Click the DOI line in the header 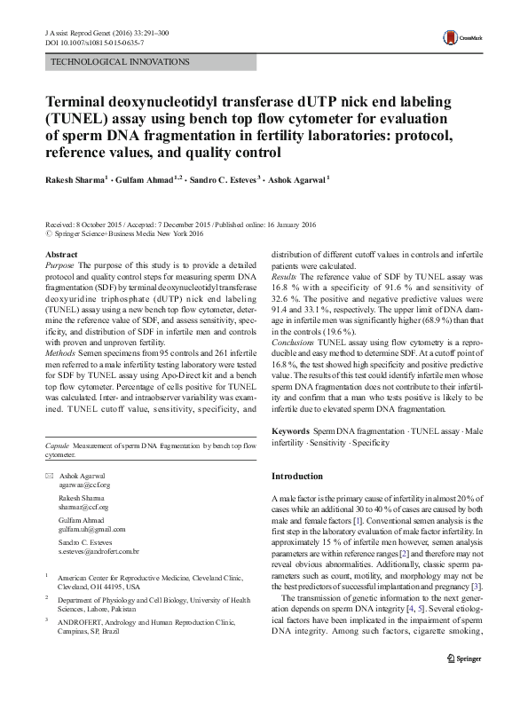tap(84, 41)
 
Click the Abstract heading tap(60, 255)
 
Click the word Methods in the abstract tap(60, 352)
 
